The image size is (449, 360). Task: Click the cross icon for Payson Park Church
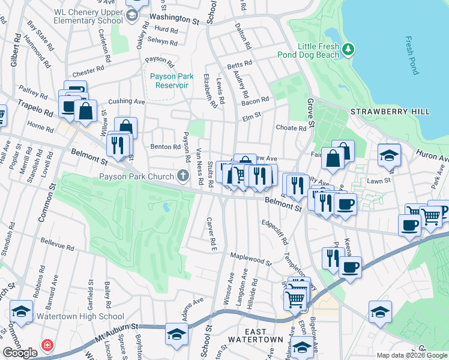point(184,176)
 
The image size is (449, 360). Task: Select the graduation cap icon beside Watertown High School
point(20,312)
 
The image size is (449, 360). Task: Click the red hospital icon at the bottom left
point(46,346)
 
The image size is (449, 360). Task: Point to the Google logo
point(20,353)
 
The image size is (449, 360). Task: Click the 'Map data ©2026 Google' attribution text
point(412,355)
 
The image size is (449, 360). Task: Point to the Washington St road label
point(173,19)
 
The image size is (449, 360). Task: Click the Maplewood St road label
point(252,259)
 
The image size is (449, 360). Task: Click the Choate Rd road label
point(291,128)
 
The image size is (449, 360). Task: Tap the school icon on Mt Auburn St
point(176,334)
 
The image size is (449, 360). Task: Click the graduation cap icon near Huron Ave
point(389,155)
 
